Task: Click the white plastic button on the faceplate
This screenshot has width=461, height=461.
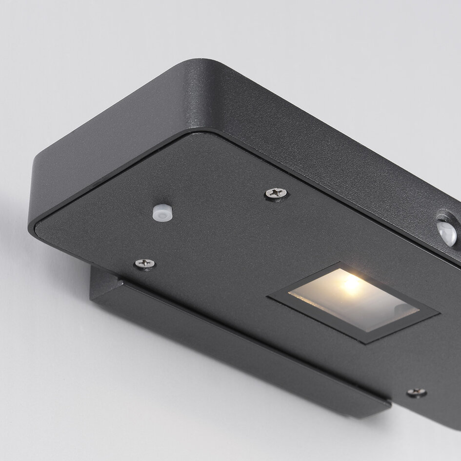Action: [161, 212]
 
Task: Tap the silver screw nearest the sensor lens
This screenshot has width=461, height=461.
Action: [277, 193]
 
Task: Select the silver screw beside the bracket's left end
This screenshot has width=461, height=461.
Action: [144, 263]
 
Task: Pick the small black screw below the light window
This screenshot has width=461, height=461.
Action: [416, 392]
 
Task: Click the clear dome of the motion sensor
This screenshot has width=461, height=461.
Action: [447, 233]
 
